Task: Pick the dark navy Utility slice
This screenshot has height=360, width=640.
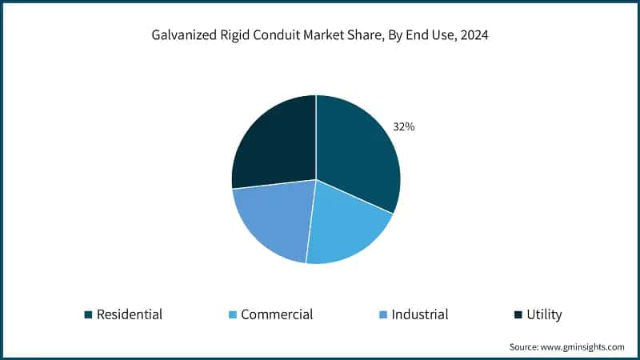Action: coord(272,144)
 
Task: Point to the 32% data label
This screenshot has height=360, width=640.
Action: coord(403,126)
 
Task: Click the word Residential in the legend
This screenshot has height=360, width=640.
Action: coord(129,314)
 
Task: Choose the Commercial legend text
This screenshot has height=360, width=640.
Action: coord(277,314)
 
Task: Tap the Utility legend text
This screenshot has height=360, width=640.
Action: coord(544,314)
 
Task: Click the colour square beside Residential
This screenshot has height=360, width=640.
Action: coord(89,314)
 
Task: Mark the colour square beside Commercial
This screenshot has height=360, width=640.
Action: coord(233,314)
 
